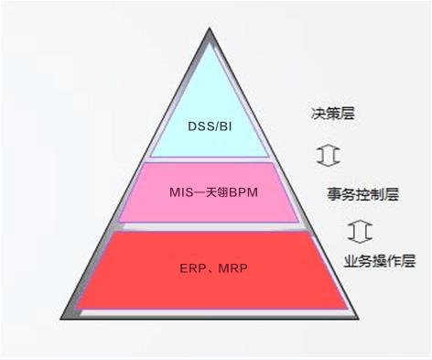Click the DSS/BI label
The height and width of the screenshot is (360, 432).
pos(210,125)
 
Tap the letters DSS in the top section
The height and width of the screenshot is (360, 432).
pos(201,125)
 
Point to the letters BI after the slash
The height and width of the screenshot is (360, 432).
pos(225,125)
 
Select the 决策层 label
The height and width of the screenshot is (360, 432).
pos(333,114)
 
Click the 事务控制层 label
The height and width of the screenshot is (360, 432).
pos(363,194)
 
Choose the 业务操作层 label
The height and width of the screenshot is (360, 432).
pos(380,261)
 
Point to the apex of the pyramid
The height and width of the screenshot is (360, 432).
pos(210,28)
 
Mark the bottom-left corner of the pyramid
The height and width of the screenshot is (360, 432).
pos(60,319)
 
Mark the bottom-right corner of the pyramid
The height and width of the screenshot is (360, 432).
pos(359,319)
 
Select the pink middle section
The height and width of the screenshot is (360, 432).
pos(210,192)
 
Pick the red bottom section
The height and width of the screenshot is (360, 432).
pos(211,270)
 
